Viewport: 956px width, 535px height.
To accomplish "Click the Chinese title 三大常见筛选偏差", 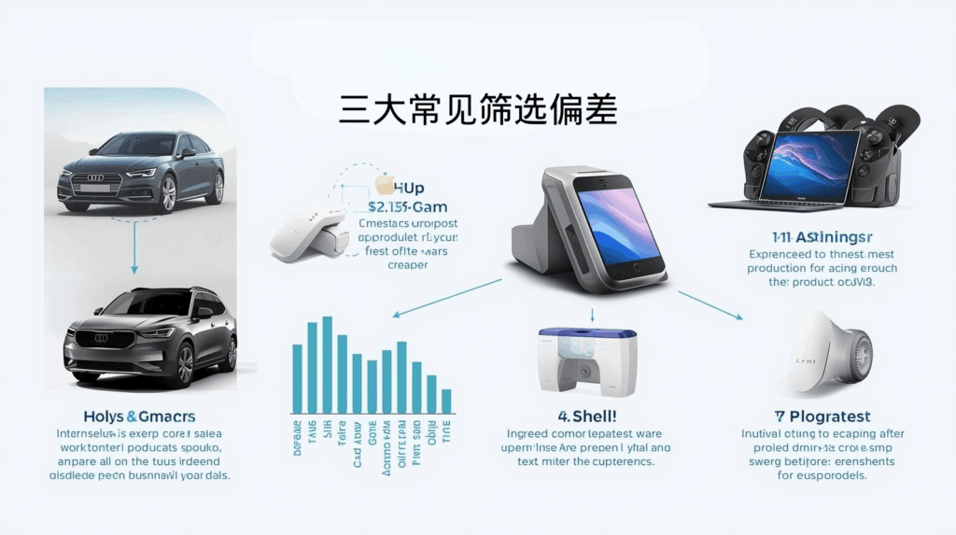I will (478, 109).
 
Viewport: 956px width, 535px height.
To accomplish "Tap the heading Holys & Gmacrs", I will (139, 416).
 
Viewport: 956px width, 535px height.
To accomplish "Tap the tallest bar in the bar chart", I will (327, 364).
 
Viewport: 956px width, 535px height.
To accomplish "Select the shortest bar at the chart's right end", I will (446, 401).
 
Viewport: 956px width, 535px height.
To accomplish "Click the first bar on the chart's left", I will (297, 378).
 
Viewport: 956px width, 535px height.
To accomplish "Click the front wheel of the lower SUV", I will (183, 363).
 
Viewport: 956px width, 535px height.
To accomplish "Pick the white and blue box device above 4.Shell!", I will (588, 363).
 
